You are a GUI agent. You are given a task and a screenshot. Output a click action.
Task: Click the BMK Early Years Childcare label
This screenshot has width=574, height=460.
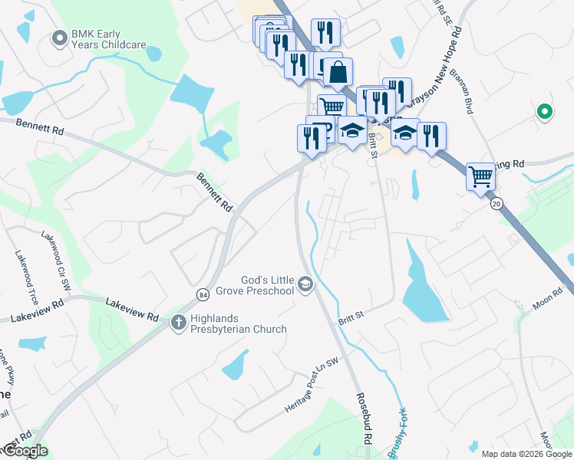(108, 39)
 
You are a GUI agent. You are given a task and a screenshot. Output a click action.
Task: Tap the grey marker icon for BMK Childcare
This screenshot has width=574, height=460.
(59, 38)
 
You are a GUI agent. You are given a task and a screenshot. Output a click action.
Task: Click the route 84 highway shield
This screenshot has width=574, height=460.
(203, 294)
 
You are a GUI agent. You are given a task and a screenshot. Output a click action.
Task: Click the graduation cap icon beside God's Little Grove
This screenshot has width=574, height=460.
(305, 285)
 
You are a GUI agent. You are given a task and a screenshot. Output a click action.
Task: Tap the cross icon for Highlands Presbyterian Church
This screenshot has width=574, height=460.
(178, 323)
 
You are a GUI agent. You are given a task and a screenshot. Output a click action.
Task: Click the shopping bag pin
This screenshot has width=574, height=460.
(338, 73)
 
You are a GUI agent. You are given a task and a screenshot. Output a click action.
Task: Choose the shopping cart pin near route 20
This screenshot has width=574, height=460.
(480, 176)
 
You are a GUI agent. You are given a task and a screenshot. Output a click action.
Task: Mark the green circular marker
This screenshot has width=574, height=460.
(545, 112)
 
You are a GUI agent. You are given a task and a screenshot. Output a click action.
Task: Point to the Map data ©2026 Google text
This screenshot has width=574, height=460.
(526, 454)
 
